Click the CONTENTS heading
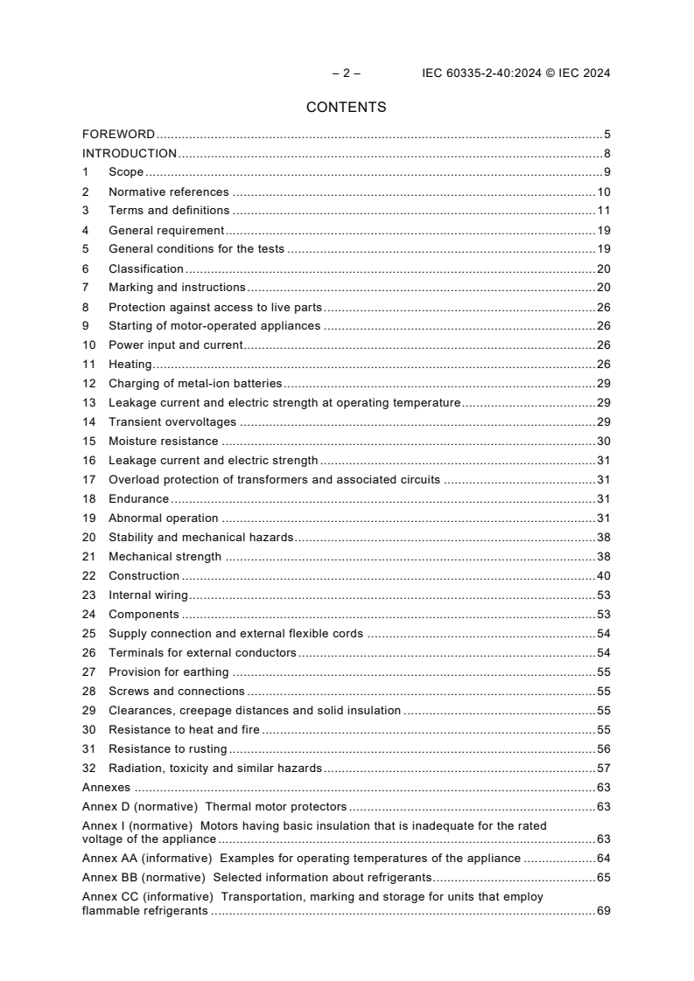[346, 108]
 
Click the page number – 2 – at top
[346, 73]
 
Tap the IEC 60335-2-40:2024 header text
[515, 73]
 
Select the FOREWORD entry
[118, 135]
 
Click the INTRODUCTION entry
[130, 154]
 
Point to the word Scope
[126, 172]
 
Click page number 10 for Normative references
[603, 191]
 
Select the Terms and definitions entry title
[169, 211]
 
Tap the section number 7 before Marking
[86, 288]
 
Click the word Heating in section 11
[130, 365]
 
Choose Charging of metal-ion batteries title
[195, 384]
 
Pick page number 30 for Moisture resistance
[603, 442]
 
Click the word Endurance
[138, 499]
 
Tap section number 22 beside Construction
[88, 576]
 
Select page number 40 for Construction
[603, 576]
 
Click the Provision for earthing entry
[168, 672]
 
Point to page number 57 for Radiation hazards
[603, 769]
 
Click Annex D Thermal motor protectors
[214, 807]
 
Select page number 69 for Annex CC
[603, 911]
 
